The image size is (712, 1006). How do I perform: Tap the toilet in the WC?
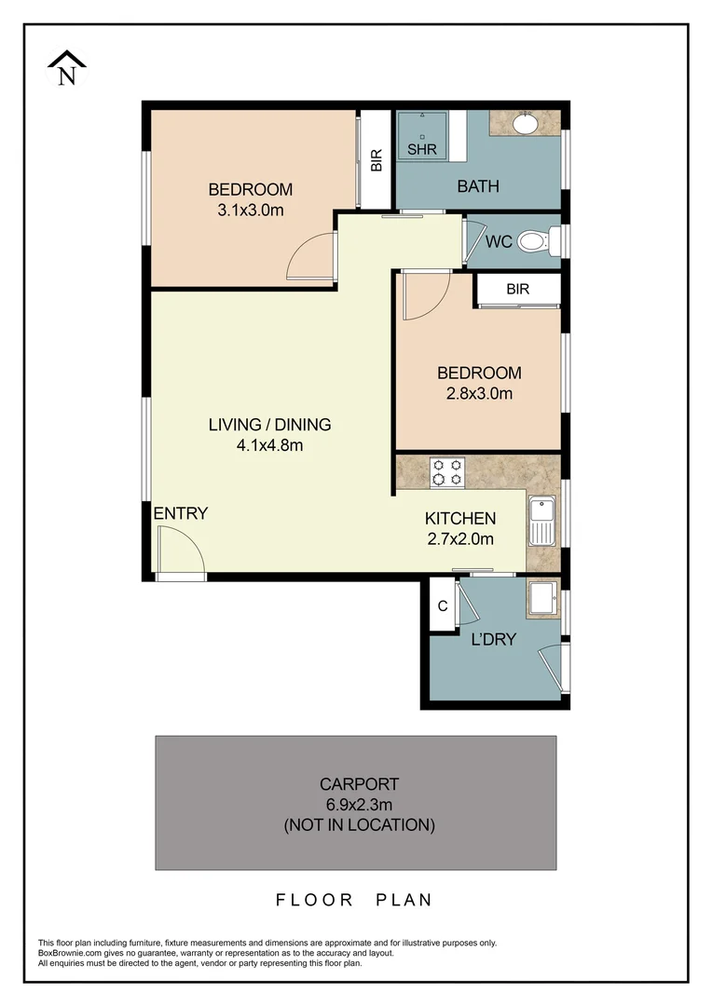pyautogui.click(x=534, y=242)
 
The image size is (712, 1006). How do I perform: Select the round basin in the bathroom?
pyautogui.click(x=525, y=122)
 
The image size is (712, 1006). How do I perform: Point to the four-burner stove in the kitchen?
pyautogui.click(x=445, y=472)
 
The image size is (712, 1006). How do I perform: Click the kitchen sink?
pyautogui.click(x=541, y=521)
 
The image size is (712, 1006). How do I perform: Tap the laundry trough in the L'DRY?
pyautogui.click(x=541, y=601)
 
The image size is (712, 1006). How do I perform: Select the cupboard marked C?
pyautogui.click(x=443, y=605)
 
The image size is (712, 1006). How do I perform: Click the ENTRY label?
pyautogui.click(x=180, y=513)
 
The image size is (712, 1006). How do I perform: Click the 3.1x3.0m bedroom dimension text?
pyautogui.click(x=250, y=211)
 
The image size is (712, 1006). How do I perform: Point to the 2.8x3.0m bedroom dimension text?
pyautogui.click(x=479, y=393)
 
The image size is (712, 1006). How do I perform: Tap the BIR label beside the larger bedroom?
pyautogui.click(x=377, y=161)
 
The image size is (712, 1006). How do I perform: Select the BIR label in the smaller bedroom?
pyautogui.click(x=517, y=289)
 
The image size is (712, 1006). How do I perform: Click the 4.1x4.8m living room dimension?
pyautogui.click(x=269, y=445)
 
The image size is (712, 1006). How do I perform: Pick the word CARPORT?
pyautogui.click(x=359, y=783)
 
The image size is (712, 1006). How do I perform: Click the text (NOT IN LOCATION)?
pyautogui.click(x=359, y=824)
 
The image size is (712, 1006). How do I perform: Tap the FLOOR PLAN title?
pyautogui.click(x=354, y=900)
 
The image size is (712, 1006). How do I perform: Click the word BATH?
pyautogui.click(x=477, y=186)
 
